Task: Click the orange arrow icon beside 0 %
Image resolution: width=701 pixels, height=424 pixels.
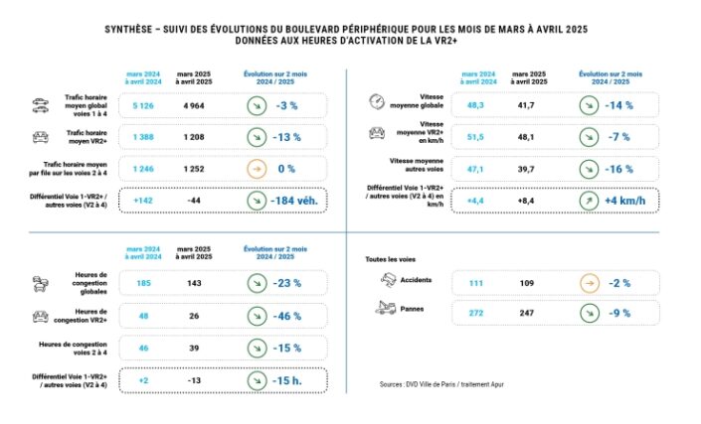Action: (257, 171)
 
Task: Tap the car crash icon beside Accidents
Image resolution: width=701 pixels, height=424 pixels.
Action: (388, 280)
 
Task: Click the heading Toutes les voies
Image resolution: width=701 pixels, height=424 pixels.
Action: (388, 259)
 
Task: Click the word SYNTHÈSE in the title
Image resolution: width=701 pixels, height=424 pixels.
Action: (135, 30)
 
